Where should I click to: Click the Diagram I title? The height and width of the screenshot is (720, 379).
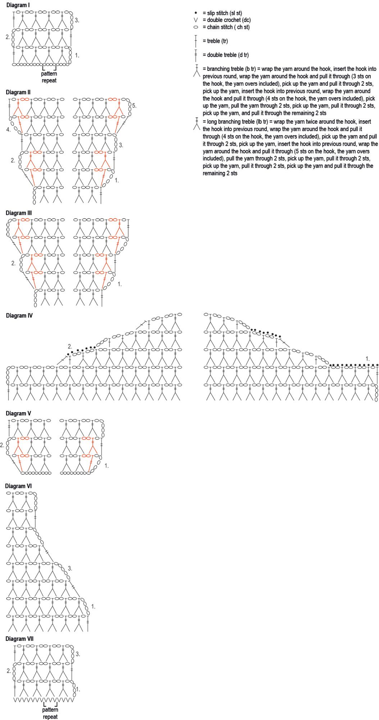18,5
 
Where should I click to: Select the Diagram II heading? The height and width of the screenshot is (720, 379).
18,93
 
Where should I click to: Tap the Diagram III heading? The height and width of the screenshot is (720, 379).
19,213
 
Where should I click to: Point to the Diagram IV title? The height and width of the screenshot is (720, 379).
19,316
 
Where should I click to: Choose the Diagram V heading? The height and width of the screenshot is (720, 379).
18,414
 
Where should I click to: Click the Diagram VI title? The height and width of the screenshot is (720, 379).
18,486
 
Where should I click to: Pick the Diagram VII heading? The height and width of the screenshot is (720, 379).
19,639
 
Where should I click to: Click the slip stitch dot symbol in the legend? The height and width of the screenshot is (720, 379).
196,13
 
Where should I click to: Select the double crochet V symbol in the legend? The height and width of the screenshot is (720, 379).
196,20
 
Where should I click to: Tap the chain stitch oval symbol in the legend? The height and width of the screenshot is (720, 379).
196,27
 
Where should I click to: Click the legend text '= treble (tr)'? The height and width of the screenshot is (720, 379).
215,41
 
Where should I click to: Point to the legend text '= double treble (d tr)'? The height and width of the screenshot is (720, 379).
225,55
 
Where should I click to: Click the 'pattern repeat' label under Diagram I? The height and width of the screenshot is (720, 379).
49,77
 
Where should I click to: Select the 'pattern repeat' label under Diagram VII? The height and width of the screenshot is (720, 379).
50,713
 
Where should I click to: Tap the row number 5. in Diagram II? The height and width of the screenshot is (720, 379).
134,106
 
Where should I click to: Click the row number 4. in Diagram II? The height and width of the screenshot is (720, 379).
8,130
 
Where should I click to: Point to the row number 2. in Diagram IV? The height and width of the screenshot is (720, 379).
70,347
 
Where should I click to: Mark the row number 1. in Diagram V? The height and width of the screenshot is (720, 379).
106,466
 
